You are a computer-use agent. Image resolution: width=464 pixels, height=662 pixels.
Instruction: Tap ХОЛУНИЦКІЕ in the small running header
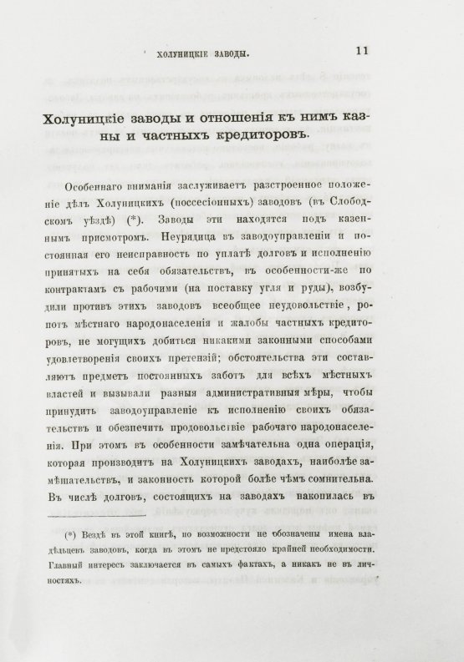pyautogui.click(x=175, y=54)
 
